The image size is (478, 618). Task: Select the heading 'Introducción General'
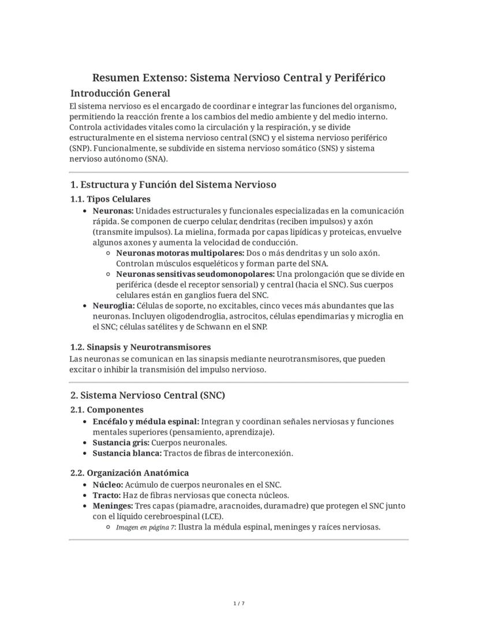(120, 93)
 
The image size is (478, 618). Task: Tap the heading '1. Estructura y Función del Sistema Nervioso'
(173, 185)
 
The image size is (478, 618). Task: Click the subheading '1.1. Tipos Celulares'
(110, 199)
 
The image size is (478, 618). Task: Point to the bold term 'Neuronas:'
(113, 211)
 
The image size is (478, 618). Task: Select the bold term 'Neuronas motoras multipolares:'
(180, 253)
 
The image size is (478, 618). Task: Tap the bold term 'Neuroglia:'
(114, 305)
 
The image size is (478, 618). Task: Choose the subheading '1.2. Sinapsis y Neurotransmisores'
(140, 347)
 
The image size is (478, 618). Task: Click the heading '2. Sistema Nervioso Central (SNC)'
(147, 395)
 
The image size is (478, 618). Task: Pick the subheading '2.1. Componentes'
(107, 410)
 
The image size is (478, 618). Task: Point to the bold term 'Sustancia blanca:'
(124, 453)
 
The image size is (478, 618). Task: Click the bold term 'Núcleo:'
(107, 485)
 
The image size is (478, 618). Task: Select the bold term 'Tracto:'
(106, 495)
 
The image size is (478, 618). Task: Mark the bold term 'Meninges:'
(113, 506)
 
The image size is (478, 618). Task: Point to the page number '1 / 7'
(239, 604)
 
